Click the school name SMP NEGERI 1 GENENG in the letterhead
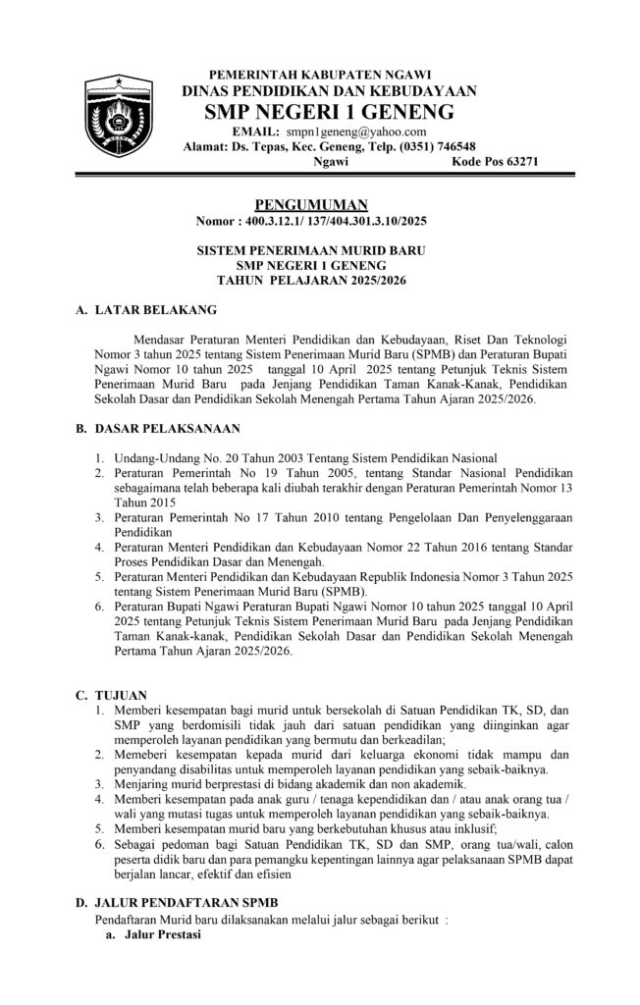[329, 110]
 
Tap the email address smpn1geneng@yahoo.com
[355, 131]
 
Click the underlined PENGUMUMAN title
[310, 204]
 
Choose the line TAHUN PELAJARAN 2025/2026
[310, 281]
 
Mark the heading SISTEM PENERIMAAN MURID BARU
[310, 251]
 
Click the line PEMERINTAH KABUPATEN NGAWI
[328, 74]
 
